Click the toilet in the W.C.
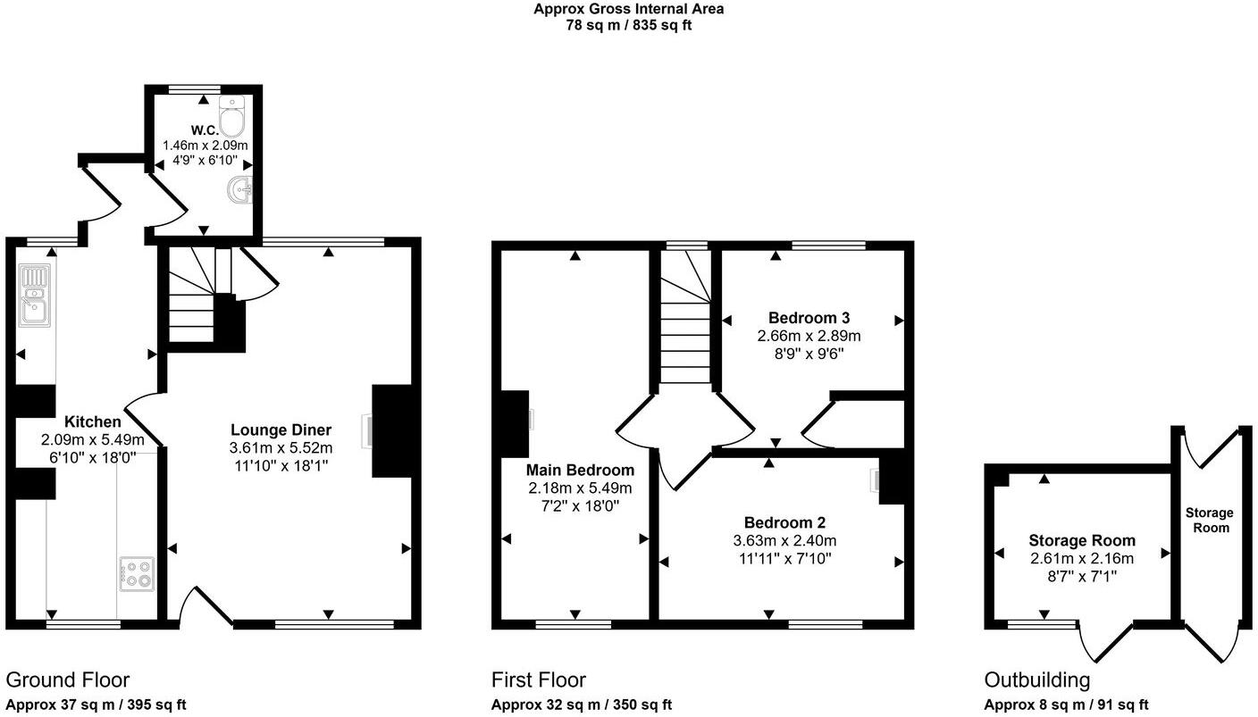(231, 117)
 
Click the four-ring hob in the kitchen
(137, 573)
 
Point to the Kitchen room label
(92, 422)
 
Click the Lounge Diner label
(281, 429)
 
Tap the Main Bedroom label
(580, 471)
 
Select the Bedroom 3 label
(809, 318)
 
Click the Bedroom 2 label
(784, 523)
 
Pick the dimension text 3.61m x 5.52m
(281, 447)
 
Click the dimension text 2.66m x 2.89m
(809, 336)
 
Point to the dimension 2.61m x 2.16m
(1081, 559)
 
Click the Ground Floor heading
(68, 680)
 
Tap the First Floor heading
(539, 680)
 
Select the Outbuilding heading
(1036, 680)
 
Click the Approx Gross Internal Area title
(628, 10)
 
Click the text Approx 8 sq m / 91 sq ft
(1066, 704)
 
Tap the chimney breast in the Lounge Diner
(390, 430)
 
